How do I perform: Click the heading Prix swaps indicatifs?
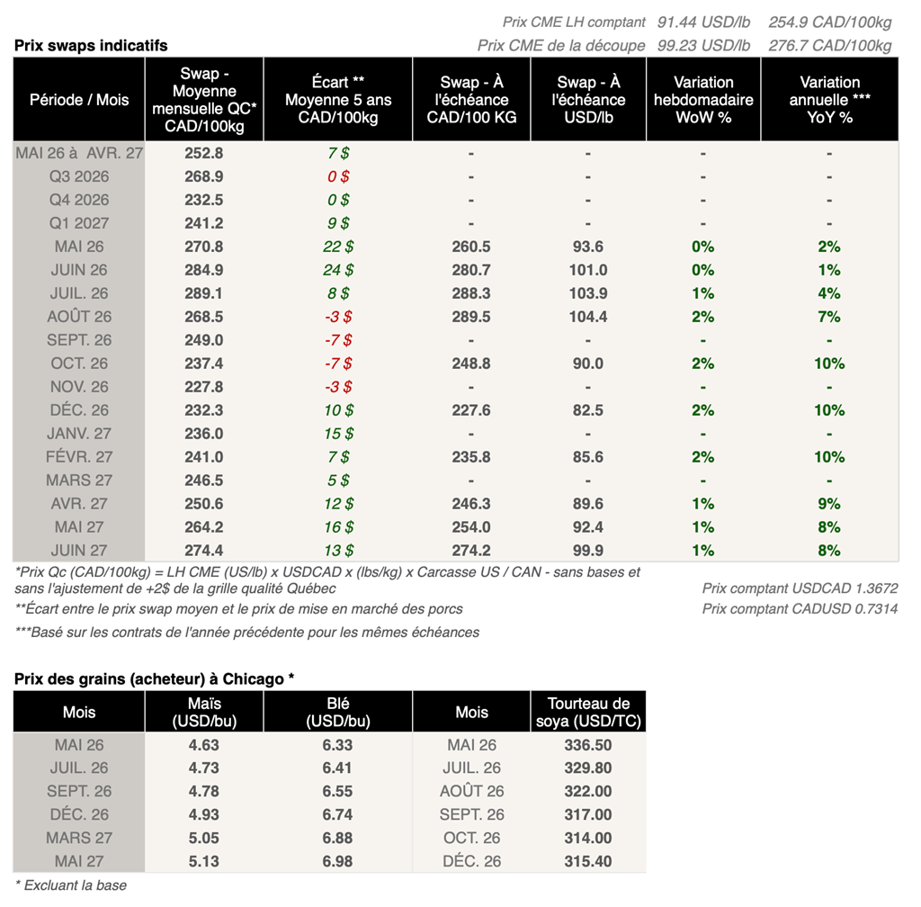[91, 46]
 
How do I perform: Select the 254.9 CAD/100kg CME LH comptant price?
[830, 22]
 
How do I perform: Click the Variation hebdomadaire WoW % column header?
[703, 100]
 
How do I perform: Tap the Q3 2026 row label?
[79, 176]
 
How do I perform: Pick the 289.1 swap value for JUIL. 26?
[204, 293]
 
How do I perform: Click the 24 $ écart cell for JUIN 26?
[338, 270]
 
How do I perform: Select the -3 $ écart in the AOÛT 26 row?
[338, 317]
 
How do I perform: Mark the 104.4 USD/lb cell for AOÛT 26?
[588, 317]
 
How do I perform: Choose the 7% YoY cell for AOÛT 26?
[829, 317]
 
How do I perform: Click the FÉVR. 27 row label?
[79, 457]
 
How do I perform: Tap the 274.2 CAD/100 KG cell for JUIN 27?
[471, 551]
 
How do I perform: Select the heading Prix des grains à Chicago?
[155, 678]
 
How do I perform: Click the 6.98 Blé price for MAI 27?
[337, 862]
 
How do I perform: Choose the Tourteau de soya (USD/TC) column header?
[589, 712]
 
